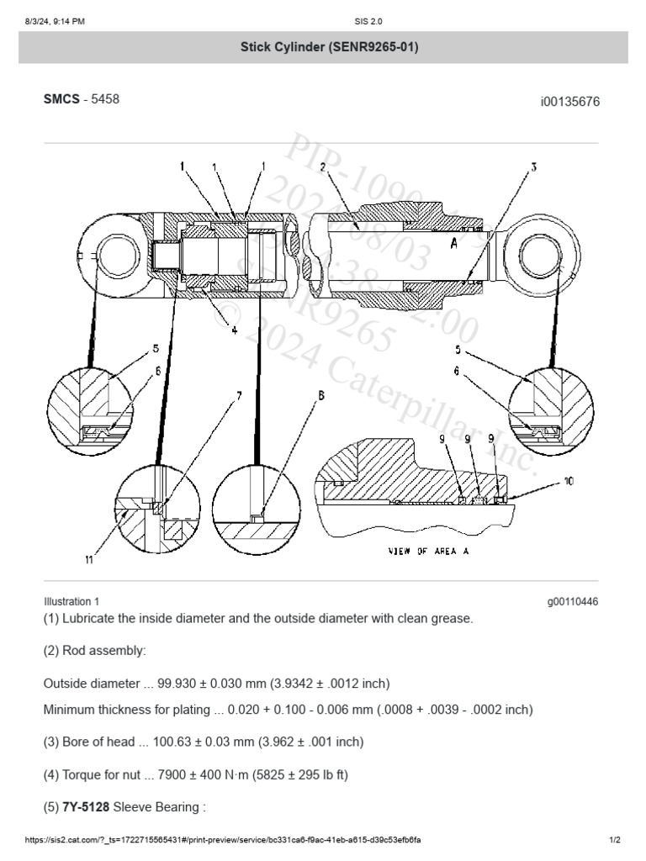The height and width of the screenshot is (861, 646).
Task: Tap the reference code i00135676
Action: (x=569, y=102)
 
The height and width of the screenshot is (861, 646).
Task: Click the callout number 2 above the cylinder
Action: (x=322, y=166)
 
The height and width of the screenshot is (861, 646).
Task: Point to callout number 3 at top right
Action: (x=532, y=167)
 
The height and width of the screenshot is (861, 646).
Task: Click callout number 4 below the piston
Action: (x=235, y=330)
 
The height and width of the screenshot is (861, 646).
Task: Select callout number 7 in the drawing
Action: (x=239, y=394)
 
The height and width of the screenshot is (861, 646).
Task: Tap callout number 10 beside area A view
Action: (x=569, y=482)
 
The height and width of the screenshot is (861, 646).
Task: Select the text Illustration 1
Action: (x=71, y=602)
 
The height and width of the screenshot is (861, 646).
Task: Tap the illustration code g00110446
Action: (x=573, y=602)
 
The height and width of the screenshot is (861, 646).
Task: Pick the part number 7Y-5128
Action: (x=87, y=808)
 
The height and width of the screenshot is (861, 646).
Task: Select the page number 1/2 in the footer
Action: (x=614, y=840)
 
